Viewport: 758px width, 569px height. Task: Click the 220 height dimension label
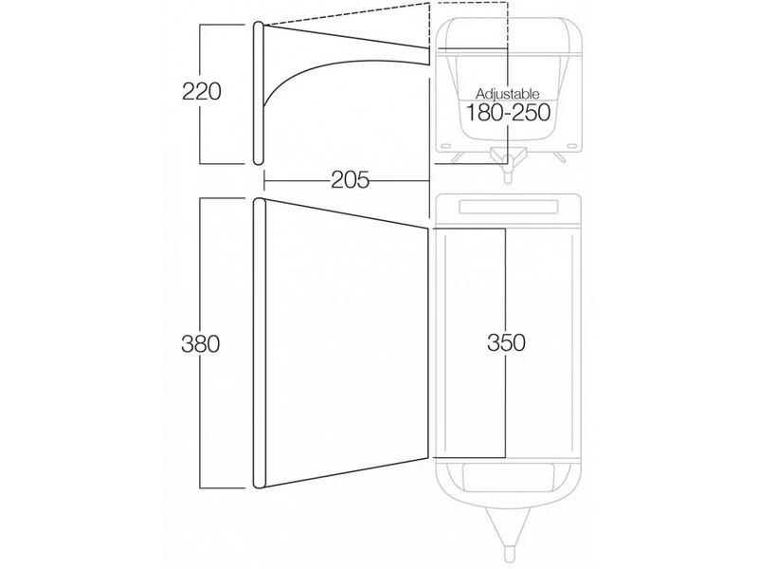202,93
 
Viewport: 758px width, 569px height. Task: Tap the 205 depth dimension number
350,178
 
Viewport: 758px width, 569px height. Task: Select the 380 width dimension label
201,344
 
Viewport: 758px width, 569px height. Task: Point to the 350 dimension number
507,341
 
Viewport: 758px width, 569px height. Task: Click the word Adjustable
507,94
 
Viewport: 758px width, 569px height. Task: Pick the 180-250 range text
507,113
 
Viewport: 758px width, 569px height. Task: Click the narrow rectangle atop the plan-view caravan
510,207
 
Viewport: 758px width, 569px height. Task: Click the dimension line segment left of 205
294,178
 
